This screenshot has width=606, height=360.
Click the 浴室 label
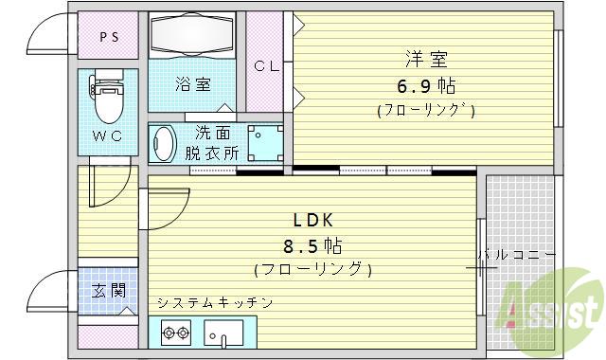click(192, 83)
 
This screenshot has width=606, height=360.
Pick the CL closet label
click(265, 65)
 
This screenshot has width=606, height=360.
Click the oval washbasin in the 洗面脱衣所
click(165, 145)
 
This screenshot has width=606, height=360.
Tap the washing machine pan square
click(265, 143)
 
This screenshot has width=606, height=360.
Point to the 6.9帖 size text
click(426, 85)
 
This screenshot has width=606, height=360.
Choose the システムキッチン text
click(215, 303)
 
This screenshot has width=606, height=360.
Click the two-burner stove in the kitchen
click(176, 333)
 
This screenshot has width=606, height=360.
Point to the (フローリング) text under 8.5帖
click(312, 269)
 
